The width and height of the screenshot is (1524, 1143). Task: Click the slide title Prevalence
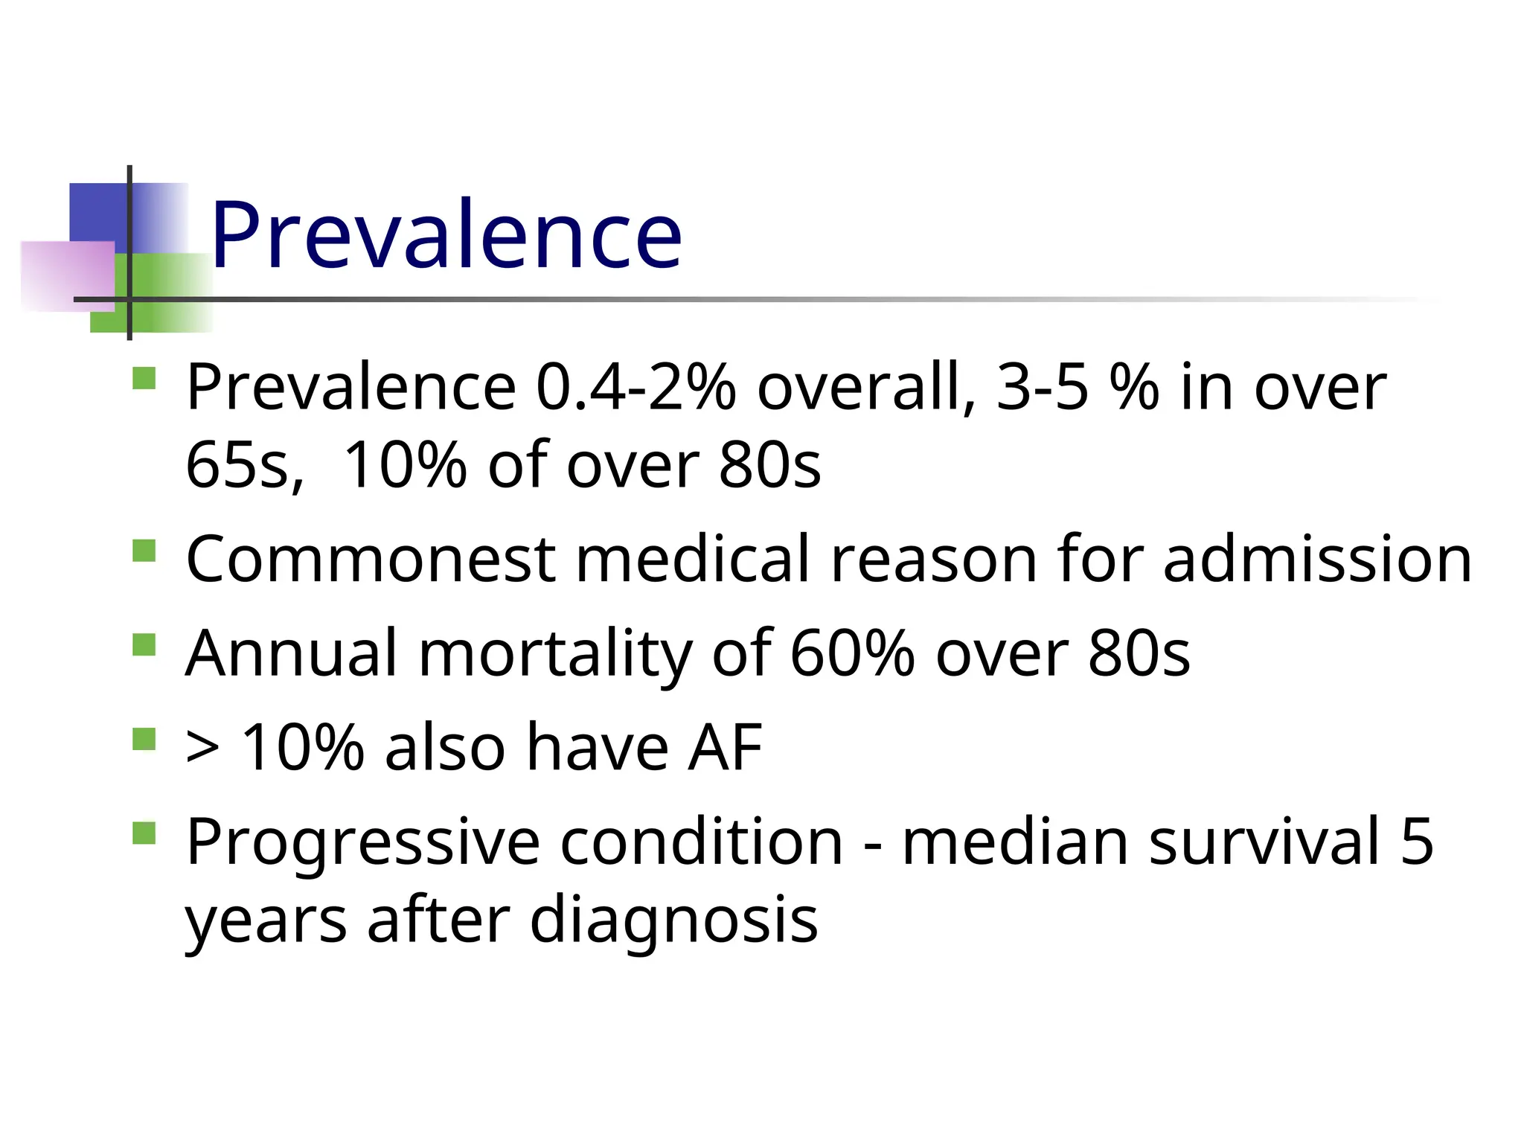pos(445,234)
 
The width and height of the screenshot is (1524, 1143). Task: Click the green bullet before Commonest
pos(144,551)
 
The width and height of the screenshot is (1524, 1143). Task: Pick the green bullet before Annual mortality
pos(144,645)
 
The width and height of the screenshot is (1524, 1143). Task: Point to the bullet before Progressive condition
pos(144,833)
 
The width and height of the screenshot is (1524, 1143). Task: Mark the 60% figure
pos(852,653)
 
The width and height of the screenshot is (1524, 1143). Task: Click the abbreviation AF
pos(726,747)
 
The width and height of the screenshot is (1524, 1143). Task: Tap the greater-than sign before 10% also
pos(202,749)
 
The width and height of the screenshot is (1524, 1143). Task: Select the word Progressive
pos(362,842)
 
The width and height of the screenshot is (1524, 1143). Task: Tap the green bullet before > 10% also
pos(144,739)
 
